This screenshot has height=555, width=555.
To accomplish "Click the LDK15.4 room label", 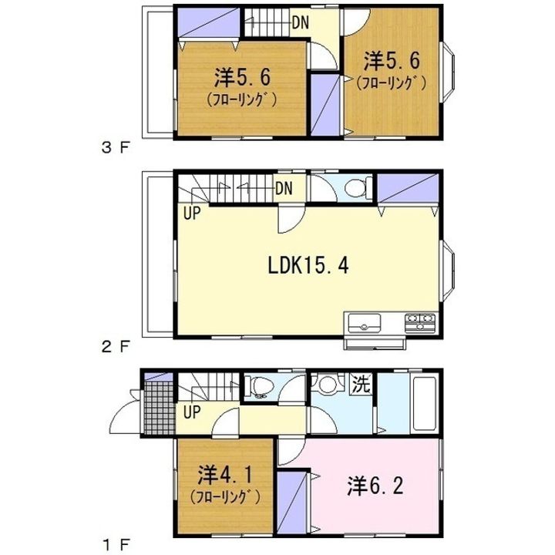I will [309, 266].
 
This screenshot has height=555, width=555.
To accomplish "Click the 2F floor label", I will [116, 347].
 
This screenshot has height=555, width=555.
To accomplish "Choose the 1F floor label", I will [116, 544].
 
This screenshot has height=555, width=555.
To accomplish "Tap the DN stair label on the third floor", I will [300, 22].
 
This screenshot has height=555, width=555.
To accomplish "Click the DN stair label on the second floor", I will [283, 187].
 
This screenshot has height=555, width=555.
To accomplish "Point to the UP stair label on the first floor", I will [192, 412].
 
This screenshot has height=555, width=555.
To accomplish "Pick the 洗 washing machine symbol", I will [360, 383].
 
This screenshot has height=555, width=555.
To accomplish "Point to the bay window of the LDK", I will [450, 267].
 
